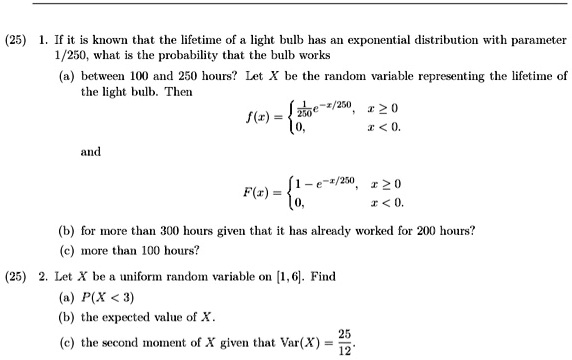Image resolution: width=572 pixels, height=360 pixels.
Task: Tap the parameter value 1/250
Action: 73,33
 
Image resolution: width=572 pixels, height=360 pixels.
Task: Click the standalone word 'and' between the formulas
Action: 91,151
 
